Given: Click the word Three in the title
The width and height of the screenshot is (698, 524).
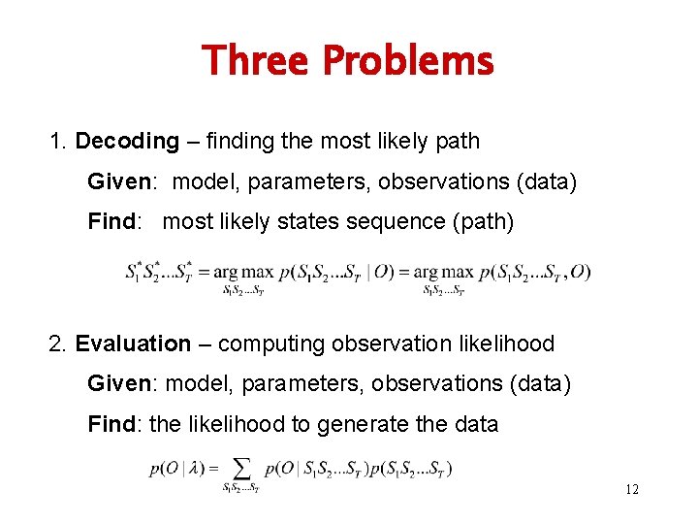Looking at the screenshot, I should coord(255,61).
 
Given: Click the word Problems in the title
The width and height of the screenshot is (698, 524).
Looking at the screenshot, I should coord(407,61).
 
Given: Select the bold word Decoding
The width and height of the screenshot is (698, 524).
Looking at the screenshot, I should coord(127,142).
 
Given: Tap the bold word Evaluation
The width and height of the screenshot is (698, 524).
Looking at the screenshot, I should coord(133,344).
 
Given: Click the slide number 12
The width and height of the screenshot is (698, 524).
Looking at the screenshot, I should coord(631,489).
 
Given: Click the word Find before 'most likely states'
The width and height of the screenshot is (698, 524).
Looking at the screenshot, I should coord(111,221).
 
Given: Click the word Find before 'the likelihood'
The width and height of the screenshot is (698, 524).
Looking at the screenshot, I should coord(111,423).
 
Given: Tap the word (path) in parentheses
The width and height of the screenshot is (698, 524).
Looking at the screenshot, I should coord(479,221).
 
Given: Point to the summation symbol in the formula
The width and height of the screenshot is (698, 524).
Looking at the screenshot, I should coord(240,469).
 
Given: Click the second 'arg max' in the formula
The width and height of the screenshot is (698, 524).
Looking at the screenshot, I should coord(443,272).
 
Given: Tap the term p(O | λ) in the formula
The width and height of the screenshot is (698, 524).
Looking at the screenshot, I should coord(176,470).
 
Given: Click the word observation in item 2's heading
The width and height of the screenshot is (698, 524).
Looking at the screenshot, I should coord(386,344).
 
